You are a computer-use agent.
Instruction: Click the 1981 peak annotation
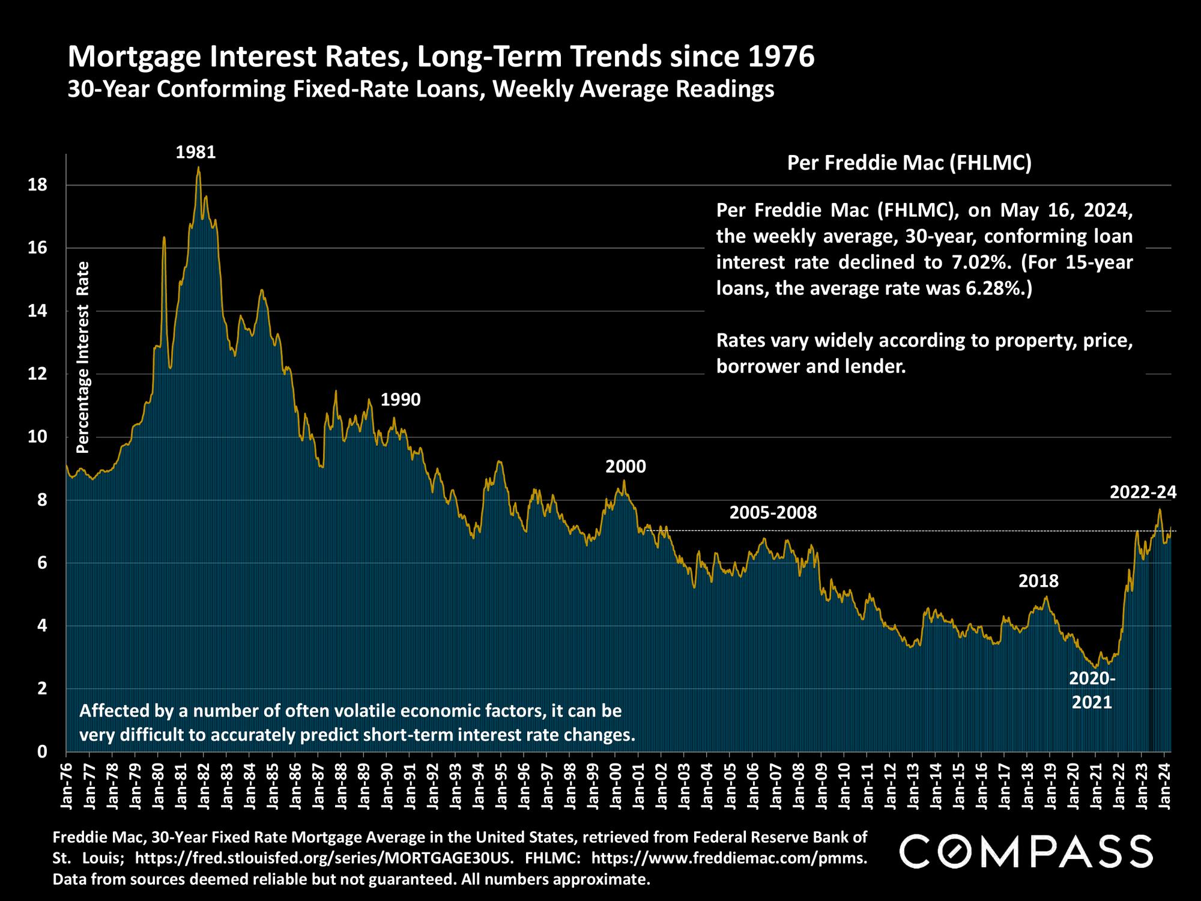(x=195, y=153)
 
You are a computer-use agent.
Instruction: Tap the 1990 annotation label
(x=401, y=399)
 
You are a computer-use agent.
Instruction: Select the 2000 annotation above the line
(x=626, y=467)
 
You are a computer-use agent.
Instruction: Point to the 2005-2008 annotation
(x=773, y=513)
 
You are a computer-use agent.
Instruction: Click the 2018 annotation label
(x=1038, y=581)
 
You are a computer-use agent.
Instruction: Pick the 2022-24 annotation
(x=1143, y=493)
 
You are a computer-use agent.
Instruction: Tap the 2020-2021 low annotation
(x=1092, y=690)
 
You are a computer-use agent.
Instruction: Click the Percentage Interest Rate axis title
(x=83, y=357)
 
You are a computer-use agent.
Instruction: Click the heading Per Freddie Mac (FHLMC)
(x=909, y=163)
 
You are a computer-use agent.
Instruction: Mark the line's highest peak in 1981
(x=198, y=168)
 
